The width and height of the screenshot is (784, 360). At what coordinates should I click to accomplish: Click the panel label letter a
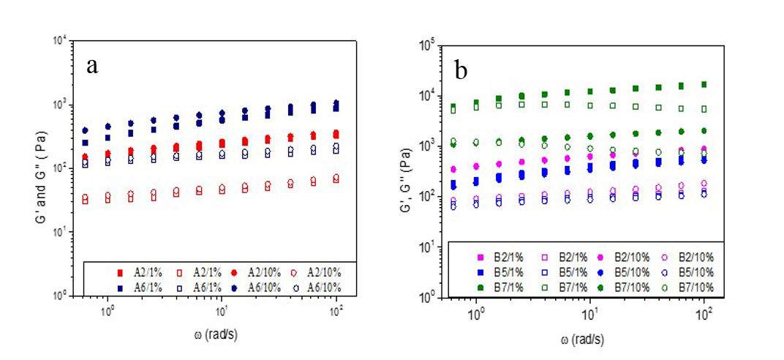pyautogui.click(x=92, y=66)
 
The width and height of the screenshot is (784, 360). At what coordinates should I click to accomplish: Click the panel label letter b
pyautogui.click(x=461, y=70)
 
